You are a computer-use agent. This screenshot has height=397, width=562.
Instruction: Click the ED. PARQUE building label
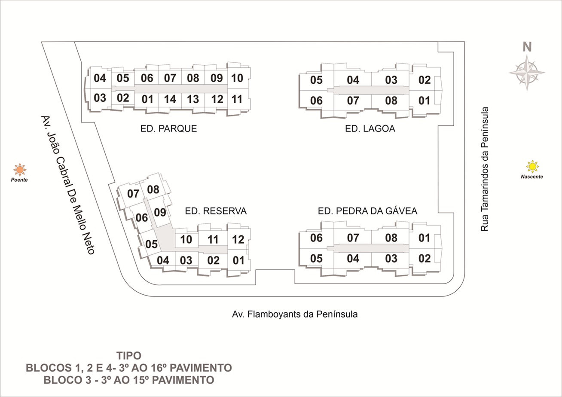[168, 128]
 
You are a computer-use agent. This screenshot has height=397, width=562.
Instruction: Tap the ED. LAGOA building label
[370, 128]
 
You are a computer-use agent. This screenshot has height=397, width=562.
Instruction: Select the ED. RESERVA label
[216, 211]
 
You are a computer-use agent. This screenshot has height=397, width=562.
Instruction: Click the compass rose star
[527, 73]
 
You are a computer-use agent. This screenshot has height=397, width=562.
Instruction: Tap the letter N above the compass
[527, 47]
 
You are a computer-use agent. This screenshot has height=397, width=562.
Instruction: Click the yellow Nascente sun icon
[532, 166]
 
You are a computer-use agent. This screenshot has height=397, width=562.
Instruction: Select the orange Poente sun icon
[20, 170]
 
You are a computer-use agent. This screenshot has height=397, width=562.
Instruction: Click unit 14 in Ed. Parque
[170, 99]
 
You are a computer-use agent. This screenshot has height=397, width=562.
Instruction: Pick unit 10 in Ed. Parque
[237, 78]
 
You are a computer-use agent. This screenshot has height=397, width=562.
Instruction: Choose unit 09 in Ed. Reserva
[160, 213]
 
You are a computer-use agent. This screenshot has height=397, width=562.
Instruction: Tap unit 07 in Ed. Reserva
[133, 194]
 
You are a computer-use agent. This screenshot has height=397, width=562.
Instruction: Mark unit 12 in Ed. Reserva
[238, 239]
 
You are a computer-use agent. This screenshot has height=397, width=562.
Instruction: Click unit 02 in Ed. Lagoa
[425, 80]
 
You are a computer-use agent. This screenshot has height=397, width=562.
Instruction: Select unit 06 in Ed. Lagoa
[316, 101]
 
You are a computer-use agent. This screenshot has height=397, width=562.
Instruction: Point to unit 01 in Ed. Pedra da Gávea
[424, 238]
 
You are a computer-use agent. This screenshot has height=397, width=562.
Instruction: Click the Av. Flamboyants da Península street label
[295, 314]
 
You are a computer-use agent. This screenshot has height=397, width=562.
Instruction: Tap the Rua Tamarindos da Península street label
[485, 169]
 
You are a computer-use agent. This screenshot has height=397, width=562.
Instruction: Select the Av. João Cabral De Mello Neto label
[68, 185]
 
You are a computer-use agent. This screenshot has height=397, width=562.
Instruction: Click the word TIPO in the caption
[129, 356]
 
